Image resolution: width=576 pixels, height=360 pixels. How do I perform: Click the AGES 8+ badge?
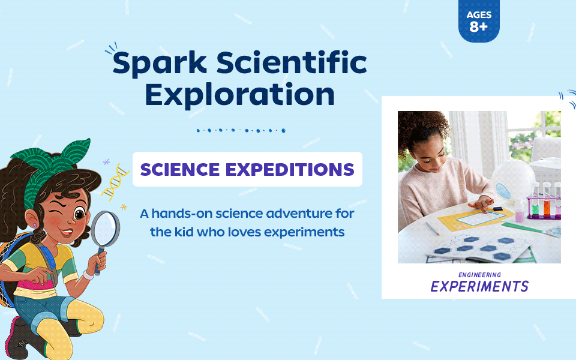(479, 22)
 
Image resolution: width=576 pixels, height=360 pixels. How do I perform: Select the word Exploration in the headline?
(240, 94)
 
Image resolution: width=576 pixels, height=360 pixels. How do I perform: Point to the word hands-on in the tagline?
(181, 213)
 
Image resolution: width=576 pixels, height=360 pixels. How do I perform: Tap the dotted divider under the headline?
(241, 130)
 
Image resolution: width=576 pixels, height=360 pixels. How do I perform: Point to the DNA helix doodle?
(115, 183)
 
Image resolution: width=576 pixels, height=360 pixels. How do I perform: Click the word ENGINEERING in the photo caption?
(479, 275)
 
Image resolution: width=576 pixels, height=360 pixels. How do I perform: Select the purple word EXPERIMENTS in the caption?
(479, 286)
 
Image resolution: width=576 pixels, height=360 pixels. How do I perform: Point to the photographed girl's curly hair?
(420, 129)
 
